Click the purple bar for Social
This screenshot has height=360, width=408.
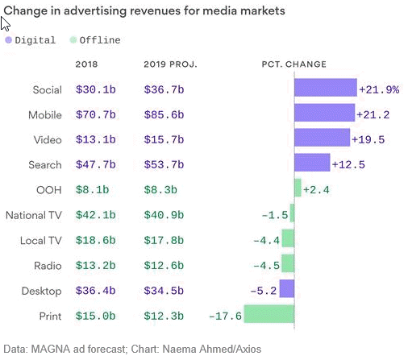(x=325, y=89)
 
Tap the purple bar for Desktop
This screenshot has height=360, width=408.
(x=287, y=289)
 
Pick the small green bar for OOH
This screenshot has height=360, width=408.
(x=298, y=188)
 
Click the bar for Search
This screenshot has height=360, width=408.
(x=312, y=163)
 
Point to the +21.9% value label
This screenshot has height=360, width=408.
(x=378, y=89)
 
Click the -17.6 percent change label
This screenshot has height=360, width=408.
(x=225, y=315)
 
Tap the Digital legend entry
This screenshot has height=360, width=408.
(x=31, y=39)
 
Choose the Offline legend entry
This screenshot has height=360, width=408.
(x=98, y=39)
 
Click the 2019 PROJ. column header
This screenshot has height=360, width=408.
(x=170, y=64)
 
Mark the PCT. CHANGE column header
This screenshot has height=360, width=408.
(x=294, y=64)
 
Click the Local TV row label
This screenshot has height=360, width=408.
(x=41, y=239)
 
